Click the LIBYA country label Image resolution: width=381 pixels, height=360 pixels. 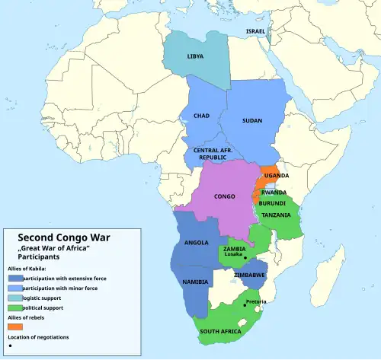pyautogui.click(x=195, y=56)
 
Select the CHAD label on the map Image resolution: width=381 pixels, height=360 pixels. pyautogui.click(x=201, y=116)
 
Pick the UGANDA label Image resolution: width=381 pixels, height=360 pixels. pyautogui.click(x=277, y=176)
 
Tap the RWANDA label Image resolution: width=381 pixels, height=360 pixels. pyautogui.click(x=274, y=193)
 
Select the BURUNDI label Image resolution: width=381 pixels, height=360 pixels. pyautogui.click(x=272, y=204)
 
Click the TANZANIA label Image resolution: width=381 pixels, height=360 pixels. pyautogui.click(x=276, y=215)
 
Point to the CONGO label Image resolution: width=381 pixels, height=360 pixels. pyautogui.click(x=224, y=196)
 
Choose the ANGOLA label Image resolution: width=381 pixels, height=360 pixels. pyautogui.click(x=197, y=244)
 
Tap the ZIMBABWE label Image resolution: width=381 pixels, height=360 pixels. pyautogui.click(x=250, y=274)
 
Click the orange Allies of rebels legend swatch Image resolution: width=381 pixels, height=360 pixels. pyautogui.click(x=15, y=326)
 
